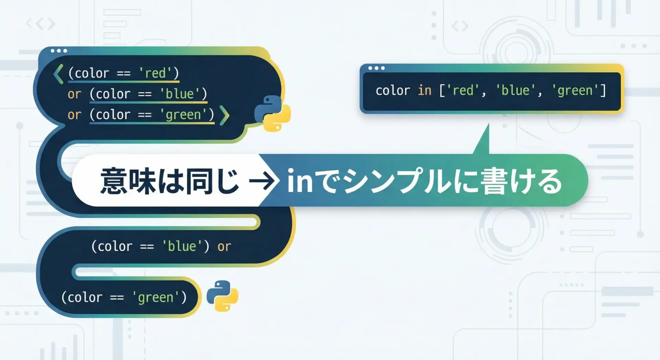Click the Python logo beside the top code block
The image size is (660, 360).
[272, 113]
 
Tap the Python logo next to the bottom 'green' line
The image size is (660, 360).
[222, 296]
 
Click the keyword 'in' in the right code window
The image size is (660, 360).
[425, 90]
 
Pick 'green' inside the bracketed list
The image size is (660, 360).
[575, 91]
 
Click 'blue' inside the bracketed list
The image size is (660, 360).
[515, 90]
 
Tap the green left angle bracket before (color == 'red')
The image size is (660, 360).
[58, 74]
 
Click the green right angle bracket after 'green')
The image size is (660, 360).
[224, 115]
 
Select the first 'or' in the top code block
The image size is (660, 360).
[74, 94]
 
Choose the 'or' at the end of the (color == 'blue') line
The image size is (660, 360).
[224, 247]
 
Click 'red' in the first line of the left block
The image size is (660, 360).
[155, 73]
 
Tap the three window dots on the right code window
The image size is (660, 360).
[376, 68]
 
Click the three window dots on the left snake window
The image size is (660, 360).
[59, 51]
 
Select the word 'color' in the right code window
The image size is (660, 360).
[393, 90]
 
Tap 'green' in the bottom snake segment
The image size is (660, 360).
[155, 297]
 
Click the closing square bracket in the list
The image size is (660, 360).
[603, 90]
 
